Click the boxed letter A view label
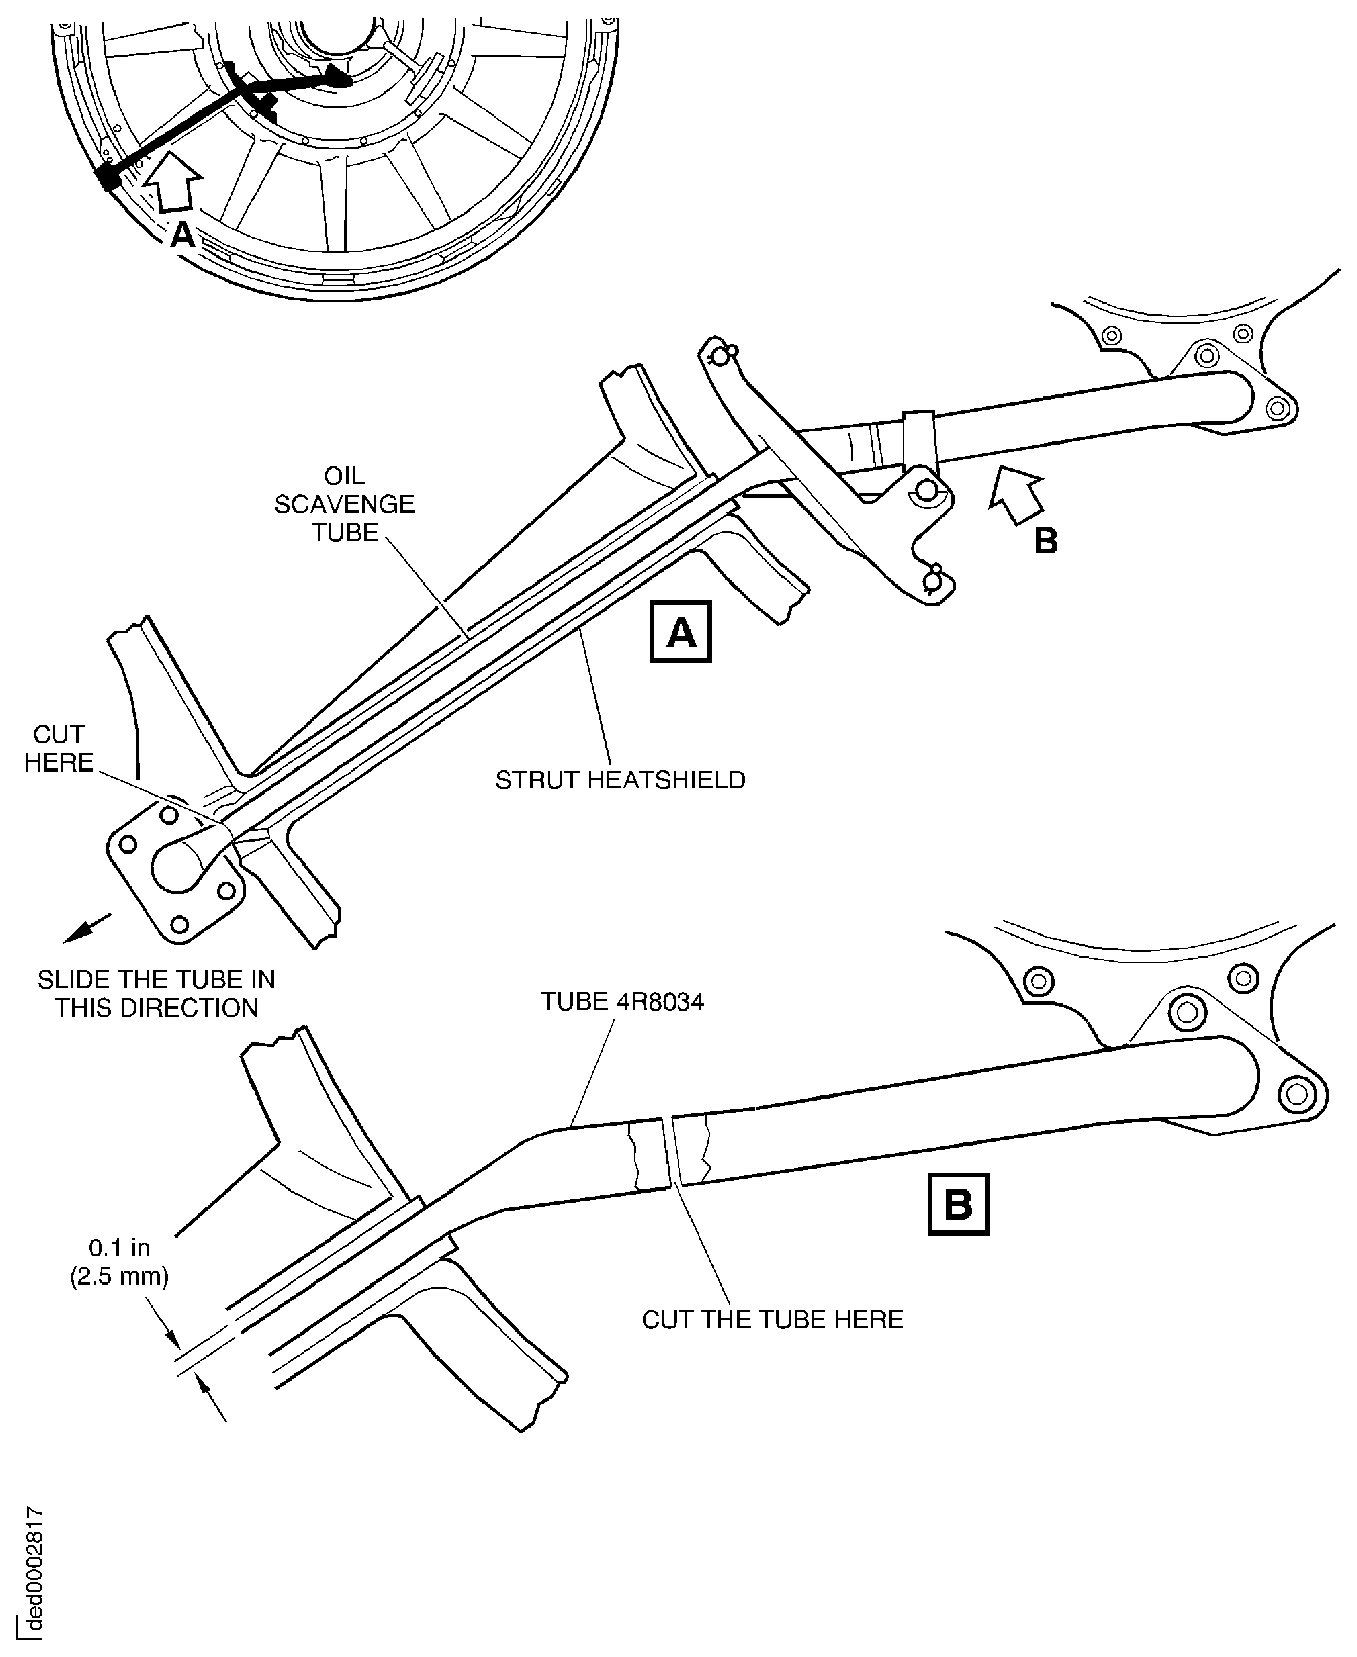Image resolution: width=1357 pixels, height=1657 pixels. pyautogui.click(x=680, y=632)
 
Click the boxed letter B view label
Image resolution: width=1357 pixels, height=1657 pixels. pyautogui.click(x=957, y=1204)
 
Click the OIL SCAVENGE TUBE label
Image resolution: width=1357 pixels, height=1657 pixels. pyautogui.click(x=344, y=504)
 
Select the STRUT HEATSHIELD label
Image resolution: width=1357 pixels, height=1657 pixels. pyautogui.click(x=620, y=780)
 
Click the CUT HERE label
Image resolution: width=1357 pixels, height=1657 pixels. pyautogui.click(x=59, y=749)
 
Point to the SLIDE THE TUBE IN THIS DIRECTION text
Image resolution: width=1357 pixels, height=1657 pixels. pyautogui.click(x=156, y=994)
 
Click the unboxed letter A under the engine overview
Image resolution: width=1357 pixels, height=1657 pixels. pyautogui.click(x=182, y=235)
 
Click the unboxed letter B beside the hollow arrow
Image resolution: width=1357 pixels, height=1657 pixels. pyautogui.click(x=1046, y=541)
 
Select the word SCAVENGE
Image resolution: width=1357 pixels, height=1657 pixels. pyautogui.click(x=344, y=504)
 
